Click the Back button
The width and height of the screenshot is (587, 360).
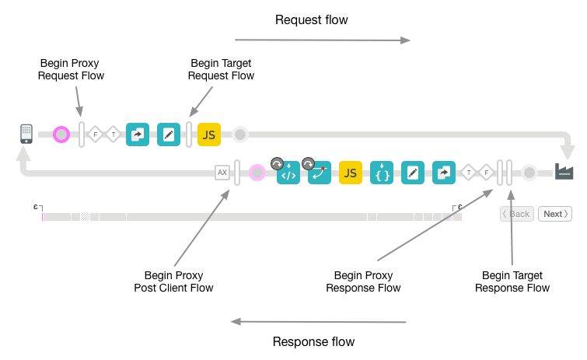(x=515, y=214)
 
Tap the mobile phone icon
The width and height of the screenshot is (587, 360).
(x=26, y=134)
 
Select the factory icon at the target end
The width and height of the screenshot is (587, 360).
(x=564, y=172)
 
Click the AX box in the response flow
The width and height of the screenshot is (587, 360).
(x=222, y=173)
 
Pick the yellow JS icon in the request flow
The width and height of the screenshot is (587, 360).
(x=209, y=135)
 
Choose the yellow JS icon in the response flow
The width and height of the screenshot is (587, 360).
(x=351, y=173)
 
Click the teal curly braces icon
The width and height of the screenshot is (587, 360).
(x=382, y=173)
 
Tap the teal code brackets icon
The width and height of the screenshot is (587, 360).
(x=288, y=173)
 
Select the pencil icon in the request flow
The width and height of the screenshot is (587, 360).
(x=169, y=135)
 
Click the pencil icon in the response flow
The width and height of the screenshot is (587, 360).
(x=413, y=173)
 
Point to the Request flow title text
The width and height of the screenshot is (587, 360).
(x=310, y=19)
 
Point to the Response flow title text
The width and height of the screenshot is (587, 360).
(x=313, y=341)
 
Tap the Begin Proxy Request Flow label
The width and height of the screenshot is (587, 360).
(x=71, y=69)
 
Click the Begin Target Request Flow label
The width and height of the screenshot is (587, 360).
(x=222, y=69)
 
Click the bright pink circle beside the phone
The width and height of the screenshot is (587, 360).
(x=61, y=135)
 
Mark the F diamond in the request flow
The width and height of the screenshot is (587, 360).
(x=96, y=135)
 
